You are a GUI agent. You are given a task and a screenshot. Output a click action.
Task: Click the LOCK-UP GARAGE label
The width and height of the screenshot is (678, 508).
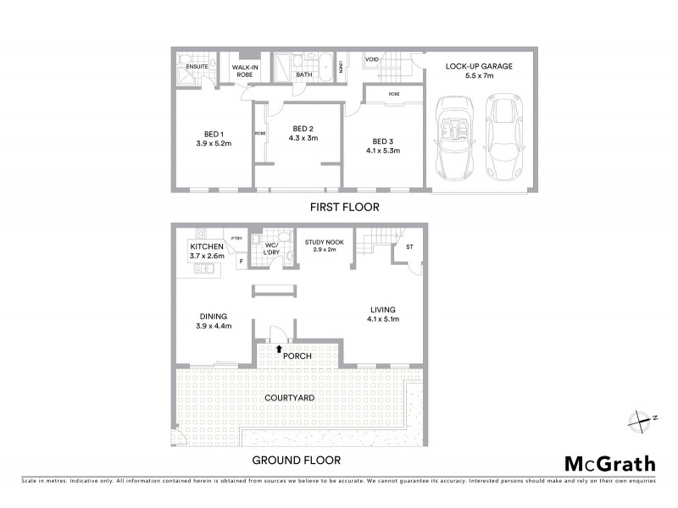tap(480, 66)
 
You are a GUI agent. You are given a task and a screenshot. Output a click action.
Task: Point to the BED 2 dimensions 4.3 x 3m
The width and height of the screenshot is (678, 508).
tap(303, 139)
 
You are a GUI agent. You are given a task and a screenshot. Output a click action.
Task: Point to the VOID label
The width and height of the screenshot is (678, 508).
tap(372, 60)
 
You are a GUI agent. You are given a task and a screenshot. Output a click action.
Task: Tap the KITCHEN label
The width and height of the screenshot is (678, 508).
tap(206, 246)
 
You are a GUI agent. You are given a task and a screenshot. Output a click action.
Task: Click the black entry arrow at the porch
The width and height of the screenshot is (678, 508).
tap(279, 346)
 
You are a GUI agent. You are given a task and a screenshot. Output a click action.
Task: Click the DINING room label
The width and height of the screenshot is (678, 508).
tap(213, 316)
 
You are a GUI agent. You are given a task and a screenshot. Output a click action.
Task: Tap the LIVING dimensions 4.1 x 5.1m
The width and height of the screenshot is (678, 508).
tap(382, 319)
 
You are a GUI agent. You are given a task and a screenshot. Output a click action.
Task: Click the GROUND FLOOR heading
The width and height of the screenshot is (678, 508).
tap(297, 461)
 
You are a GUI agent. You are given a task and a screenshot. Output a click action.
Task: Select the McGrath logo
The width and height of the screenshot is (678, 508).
tap(609, 463)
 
